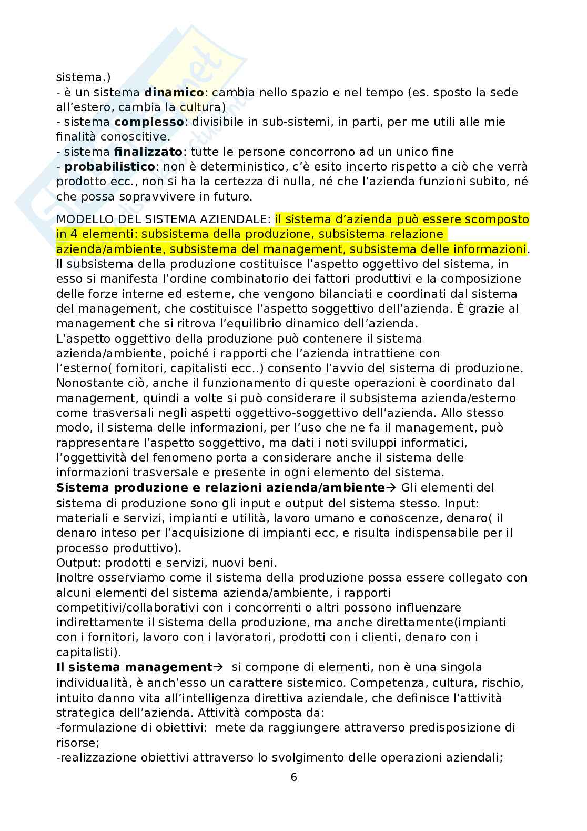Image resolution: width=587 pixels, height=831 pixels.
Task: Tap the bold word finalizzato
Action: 148,152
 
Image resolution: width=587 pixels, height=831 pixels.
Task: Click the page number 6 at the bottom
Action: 293,777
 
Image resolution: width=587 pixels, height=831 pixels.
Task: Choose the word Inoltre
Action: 74,577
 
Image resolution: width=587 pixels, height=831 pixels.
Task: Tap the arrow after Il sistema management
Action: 217,667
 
